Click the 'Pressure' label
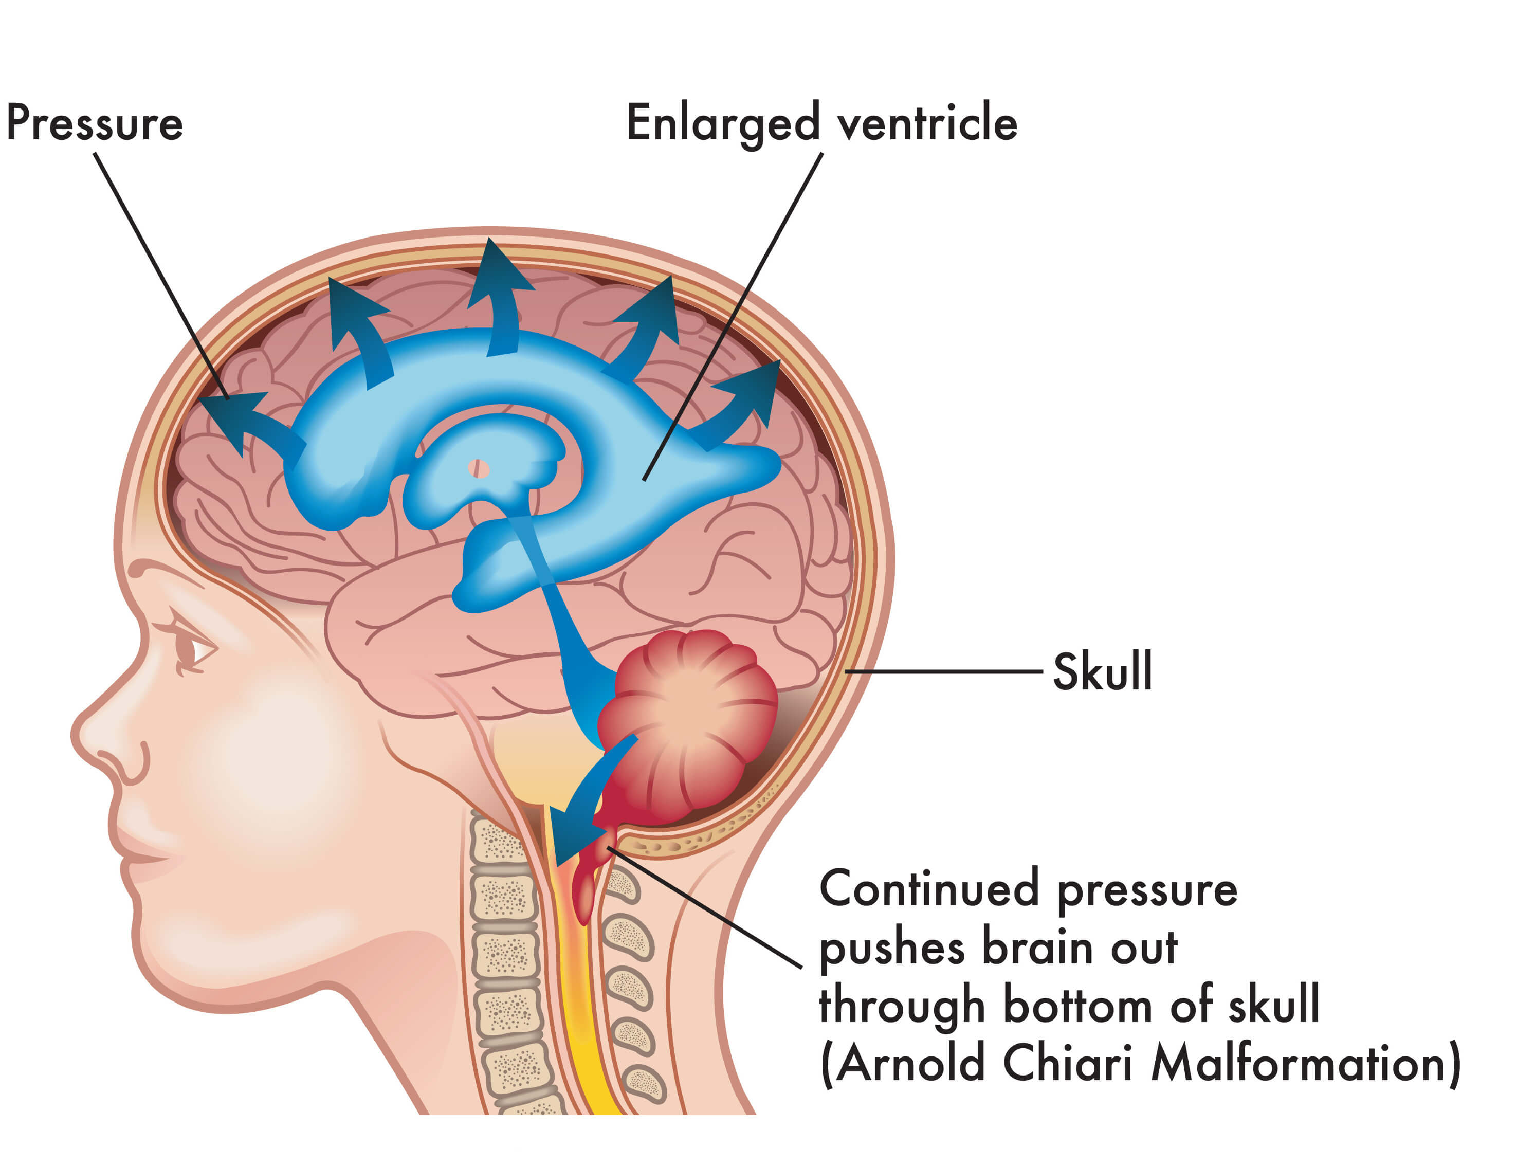95,123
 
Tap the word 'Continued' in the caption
929,888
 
